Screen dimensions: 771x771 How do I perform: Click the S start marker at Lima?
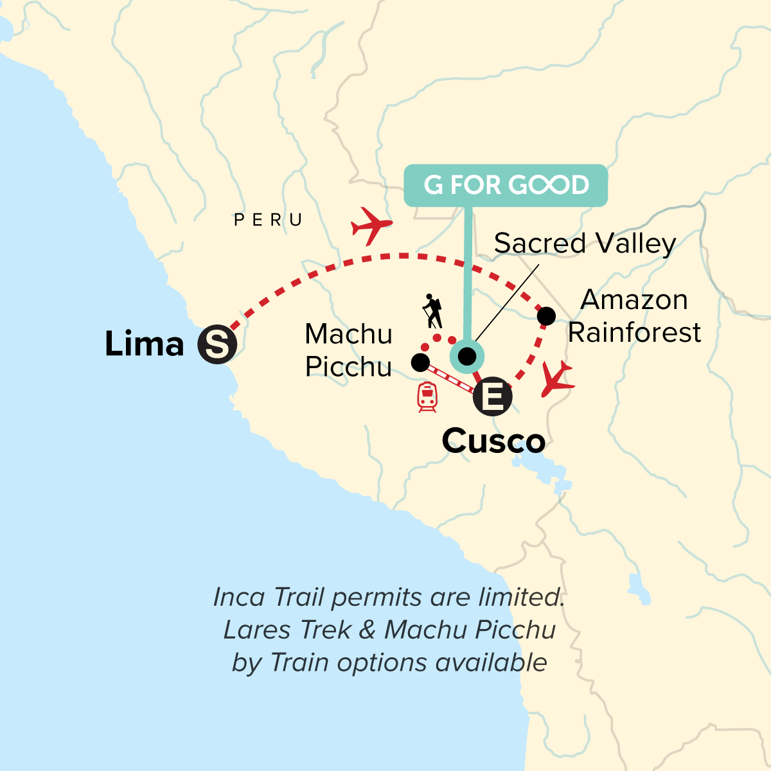217,344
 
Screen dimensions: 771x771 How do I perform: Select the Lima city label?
145,344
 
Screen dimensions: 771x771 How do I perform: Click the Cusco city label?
493,441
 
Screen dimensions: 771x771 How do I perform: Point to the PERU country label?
269,220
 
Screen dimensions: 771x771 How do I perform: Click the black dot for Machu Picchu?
420,363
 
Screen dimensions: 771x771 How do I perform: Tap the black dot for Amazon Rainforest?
546,315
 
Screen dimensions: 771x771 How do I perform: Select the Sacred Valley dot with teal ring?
467,356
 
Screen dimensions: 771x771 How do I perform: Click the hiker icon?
433,312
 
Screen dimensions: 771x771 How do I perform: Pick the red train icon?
427,397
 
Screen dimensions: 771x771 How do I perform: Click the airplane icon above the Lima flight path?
371,226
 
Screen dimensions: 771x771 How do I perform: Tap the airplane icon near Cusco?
556,380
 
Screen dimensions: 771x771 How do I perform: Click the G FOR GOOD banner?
506,186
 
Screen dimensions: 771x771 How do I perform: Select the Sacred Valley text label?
585,244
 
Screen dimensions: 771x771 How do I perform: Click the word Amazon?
634,300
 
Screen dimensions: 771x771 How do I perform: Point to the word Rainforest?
634,333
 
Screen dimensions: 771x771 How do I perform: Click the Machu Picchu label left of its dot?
348,350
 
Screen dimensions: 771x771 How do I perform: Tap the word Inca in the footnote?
238,598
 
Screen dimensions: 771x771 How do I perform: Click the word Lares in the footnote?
254,630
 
